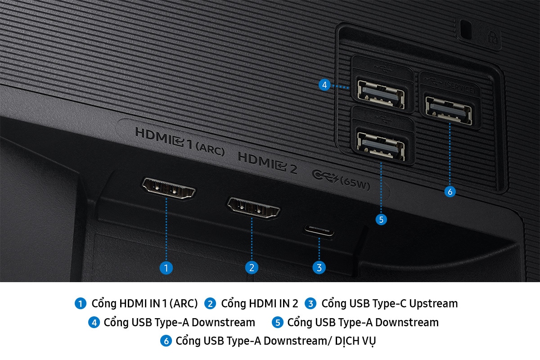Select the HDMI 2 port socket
[x=253, y=208]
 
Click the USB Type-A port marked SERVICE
[x=449, y=110]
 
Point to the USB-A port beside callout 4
[x=381, y=94]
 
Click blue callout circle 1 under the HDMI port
[x=166, y=268]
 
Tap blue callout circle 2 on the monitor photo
[x=252, y=268]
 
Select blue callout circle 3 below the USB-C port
[x=319, y=268]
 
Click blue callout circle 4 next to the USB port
[x=324, y=85]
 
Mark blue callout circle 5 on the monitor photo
[x=381, y=220]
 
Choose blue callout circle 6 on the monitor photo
[x=450, y=192]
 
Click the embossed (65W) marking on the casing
[x=355, y=184]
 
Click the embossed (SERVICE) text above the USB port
[x=460, y=88]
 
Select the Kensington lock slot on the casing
[x=465, y=29]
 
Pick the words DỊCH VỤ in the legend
[x=355, y=341]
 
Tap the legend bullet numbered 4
[x=94, y=323]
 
